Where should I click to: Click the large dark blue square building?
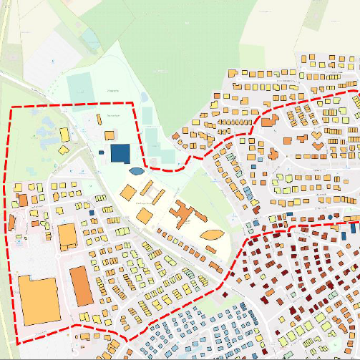pyautogui.click(x=120, y=153)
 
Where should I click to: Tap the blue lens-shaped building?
pyautogui.click(x=135, y=170)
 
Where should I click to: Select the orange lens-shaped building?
pyautogui.click(x=212, y=234)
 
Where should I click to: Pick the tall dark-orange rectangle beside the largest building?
pyautogui.click(x=81, y=286)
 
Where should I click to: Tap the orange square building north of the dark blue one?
pyautogui.click(x=110, y=135)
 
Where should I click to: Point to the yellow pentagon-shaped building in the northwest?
pyautogui.click(x=63, y=150)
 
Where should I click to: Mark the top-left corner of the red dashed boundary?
pyautogui.click(x=12, y=108)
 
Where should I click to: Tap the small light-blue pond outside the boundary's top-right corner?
pyautogui.click(x=143, y=96)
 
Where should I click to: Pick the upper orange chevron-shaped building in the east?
pyautogui.click(x=317, y=134)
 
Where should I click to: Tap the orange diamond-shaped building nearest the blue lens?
pyautogui.click(x=128, y=193)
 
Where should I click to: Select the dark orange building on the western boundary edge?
pyautogui.click(x=21, y=200)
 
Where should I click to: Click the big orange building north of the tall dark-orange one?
pyautogui.click(x=67, y=235)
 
